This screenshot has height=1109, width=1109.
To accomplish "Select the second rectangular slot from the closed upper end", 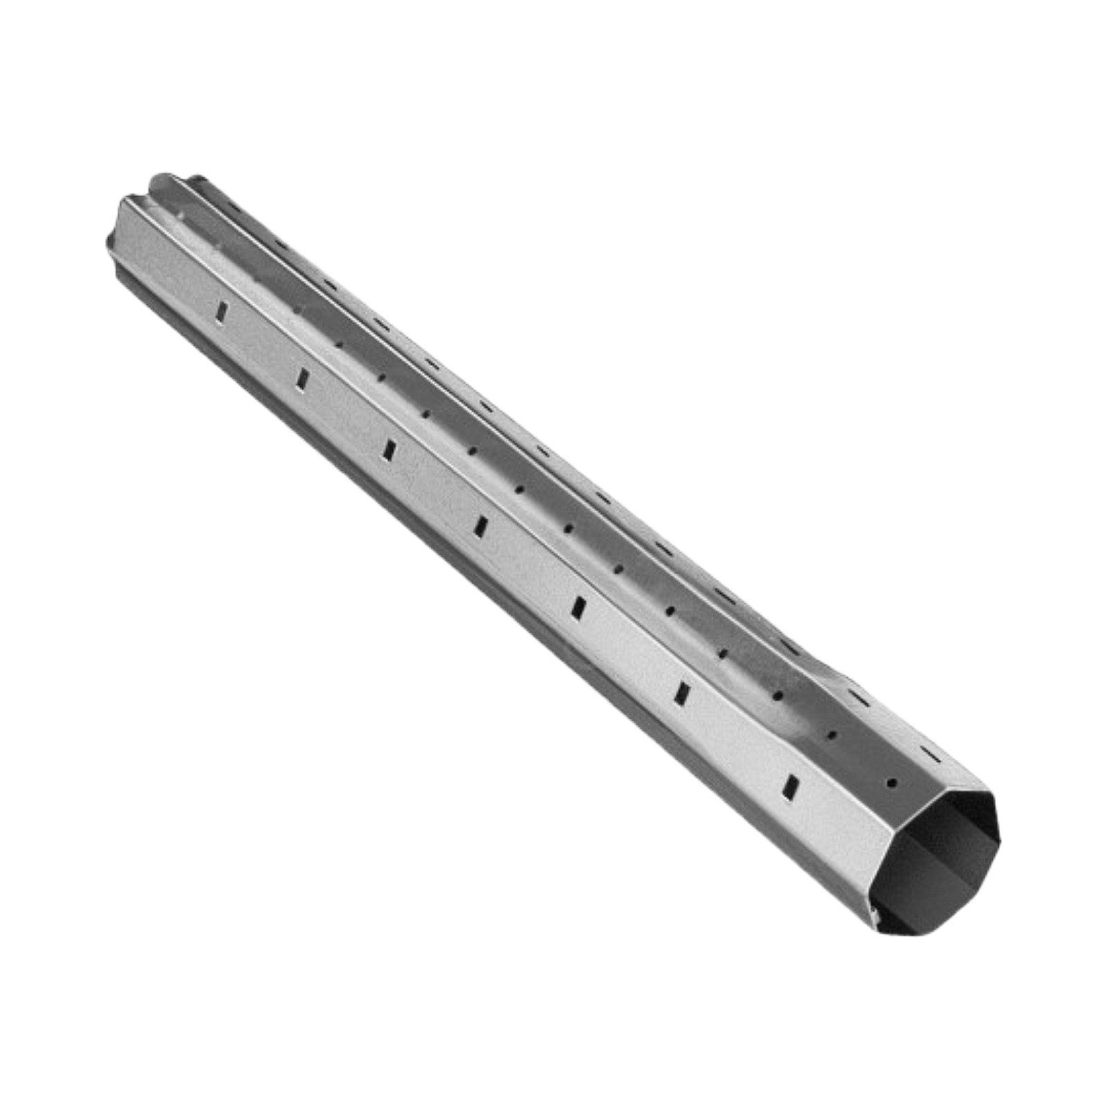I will (302, 378).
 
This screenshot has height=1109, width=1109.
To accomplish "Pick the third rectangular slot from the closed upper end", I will (390, 448).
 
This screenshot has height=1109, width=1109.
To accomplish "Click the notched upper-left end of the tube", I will (139, 201).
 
